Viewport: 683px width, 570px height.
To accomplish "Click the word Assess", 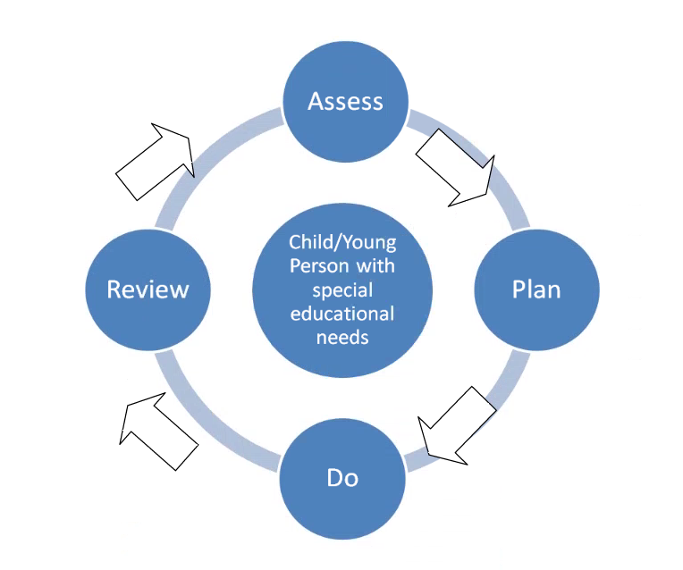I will (345, 101).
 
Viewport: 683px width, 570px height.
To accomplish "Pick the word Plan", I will (535, 290).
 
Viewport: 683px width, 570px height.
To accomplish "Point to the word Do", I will (342, 478).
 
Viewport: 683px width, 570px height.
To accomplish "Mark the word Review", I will (148, 289).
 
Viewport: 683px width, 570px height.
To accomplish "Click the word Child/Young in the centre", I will (341, 242).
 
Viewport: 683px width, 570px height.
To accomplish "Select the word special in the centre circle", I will (341, 290).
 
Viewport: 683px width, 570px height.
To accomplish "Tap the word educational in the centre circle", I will (341, 314).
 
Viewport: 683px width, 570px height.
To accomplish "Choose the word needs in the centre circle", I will (341, 338).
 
